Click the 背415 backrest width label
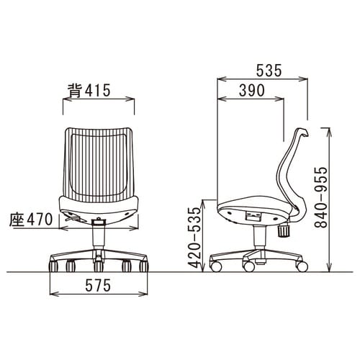click(x=89, y=91)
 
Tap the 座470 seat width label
click(x=31, y=220)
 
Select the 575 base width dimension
click(x=98, y=285)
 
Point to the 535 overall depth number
click(x=269, y=71)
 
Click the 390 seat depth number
click(x=252, y=91)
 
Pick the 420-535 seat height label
click(x=194, y=238)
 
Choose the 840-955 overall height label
click(x=321, y=197)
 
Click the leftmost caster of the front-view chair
click(x=53, y=266)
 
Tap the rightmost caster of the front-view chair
click(x=144, y=266)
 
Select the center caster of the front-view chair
click(x=99, y=266)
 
